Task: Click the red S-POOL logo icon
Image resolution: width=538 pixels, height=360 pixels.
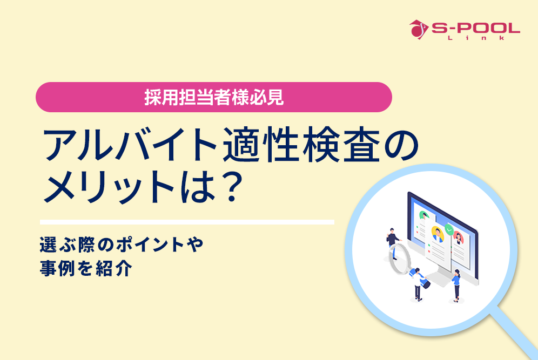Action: tap(416, 29)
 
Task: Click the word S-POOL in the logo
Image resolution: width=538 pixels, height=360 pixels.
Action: tap(475, 28)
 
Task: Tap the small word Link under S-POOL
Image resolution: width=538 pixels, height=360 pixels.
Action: tap(475, 38)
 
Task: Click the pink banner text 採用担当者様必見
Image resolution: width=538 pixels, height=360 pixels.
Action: tap(213, 98)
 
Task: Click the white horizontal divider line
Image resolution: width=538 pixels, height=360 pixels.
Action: tap(187, 222)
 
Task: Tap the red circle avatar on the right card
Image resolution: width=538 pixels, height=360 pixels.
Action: tap(458, 236)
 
